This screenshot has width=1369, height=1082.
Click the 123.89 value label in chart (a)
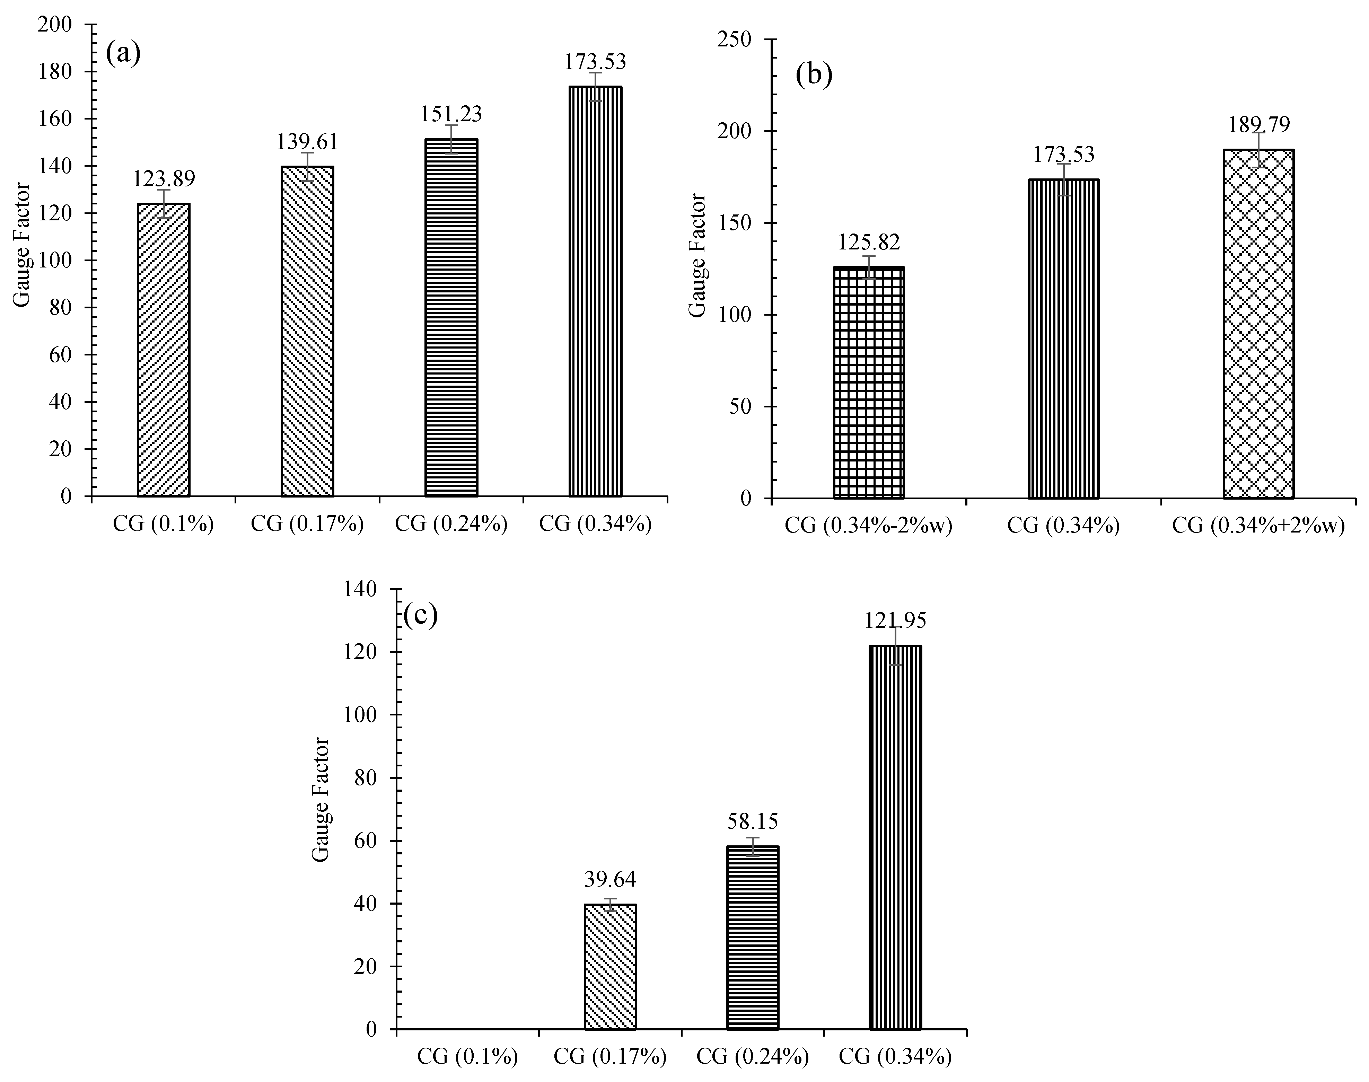click(x=164, y=179)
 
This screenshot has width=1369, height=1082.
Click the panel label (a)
click(x=123, y=54)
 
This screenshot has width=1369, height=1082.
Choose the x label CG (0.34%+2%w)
click(x=1257, y=526)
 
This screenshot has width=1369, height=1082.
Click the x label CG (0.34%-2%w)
click(x=869, y=526)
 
